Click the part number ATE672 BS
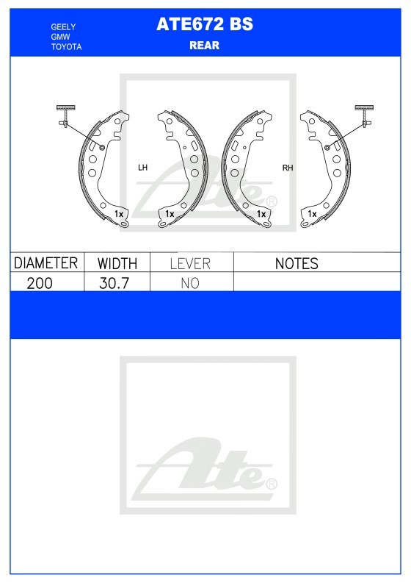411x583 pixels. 205,24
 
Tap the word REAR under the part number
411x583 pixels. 204,46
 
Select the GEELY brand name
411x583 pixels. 63,26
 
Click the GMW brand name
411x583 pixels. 60,37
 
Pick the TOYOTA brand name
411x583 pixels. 66,47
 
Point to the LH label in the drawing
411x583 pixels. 142,168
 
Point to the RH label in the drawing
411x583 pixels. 288,168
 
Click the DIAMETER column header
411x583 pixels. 46,263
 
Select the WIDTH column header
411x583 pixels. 117,263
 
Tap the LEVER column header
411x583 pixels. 190,264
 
